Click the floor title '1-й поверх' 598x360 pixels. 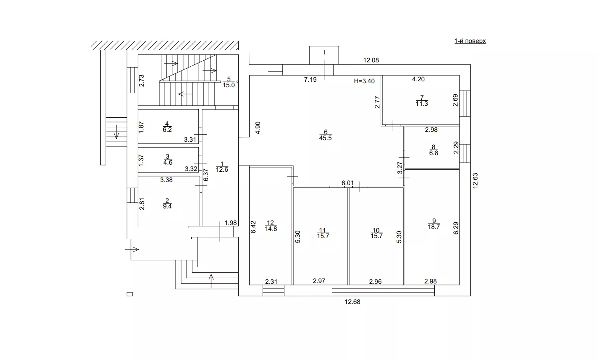coord(470,41)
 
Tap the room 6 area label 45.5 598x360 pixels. coord(325,138)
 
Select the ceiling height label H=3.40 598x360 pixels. coord(364,81)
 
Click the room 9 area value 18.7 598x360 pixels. coord(434,227)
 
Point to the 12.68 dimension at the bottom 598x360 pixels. coord(352,302)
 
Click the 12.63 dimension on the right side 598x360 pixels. coord(475,181)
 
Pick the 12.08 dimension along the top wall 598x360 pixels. coord(371,60)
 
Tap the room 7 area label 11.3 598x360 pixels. coord(422,104)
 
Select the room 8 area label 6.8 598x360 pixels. coord(434,153)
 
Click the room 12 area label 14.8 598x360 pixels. coord(271,229)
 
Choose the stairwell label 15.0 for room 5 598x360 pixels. coord(229,85)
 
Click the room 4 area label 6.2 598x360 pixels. coord(167,129)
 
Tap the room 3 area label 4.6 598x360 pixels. coord(167,162)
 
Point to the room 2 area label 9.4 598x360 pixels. coord(167,206)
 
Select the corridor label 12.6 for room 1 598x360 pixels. coord(222,170)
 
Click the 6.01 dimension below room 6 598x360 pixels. coord(348,183)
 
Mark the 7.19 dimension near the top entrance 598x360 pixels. coord(310,80)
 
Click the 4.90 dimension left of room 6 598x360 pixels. coord(258,128)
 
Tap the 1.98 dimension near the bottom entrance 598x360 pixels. coord(230,223)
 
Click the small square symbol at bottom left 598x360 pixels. coord(129,294)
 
